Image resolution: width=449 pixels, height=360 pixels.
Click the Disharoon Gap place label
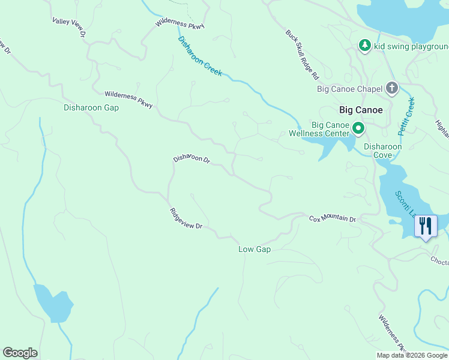click(x=91, y=108)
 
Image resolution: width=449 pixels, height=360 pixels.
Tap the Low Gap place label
click(x=255, y=249)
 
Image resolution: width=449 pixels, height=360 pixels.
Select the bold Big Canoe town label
click(x=361, y=110)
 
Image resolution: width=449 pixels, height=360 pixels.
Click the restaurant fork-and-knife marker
click(x=426, y=226)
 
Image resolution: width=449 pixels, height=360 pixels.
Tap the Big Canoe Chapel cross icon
click(x=392, y=89)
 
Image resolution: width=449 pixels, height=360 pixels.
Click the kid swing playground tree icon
click(x=364, y=46)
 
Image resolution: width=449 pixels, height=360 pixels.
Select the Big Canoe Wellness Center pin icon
click(x=358, y=128)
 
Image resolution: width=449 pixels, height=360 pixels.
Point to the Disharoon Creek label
click(x=200, y=56)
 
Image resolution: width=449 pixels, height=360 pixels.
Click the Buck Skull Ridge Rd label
click(x=302, y=55)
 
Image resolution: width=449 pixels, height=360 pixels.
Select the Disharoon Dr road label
click(x=191, y=159)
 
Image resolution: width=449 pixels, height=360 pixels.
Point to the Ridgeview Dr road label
click(x=185, y=218)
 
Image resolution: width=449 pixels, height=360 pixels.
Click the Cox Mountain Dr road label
click(x=333, y=218)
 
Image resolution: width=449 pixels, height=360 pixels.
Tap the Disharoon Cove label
click(x=382, y=151)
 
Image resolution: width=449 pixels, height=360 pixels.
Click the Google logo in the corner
click(x=20, y=353)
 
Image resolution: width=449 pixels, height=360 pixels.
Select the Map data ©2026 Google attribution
click(x=411, y=355)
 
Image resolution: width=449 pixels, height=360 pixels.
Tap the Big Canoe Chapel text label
click(x=349, y=89)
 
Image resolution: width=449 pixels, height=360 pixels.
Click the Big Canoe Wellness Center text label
click(x=319, y=129)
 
